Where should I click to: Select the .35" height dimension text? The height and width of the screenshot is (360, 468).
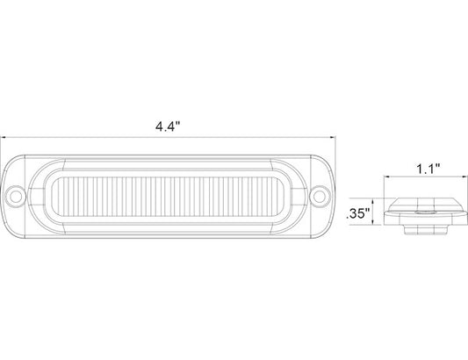pyautogui.click(x=360, y=212)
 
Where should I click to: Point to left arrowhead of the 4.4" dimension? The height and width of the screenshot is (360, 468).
pyautogui.click(x=4, y=137)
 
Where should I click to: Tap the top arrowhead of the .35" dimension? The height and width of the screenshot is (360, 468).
pyautogui.click(x=379, y=199)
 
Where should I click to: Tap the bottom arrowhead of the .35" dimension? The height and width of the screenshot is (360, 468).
pyautogui.click(x=379, y=224)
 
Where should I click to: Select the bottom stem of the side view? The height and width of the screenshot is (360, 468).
pyautogui.click(x=420, y=231)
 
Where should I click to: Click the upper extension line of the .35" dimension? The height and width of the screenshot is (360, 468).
pyautogui.click(x=386, y=198)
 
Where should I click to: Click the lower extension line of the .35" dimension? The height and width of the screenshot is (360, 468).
pyautogui.click(x=386, y=226)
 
